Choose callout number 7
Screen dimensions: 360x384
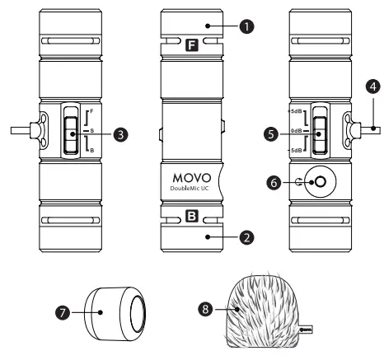click(x=59, y=313)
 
